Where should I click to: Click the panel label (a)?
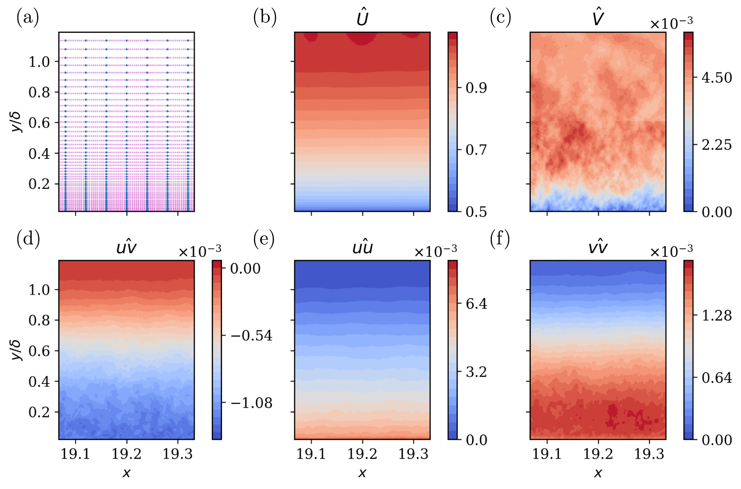click(28, 18)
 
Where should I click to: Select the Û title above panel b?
click(362, 18)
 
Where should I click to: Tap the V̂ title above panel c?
click(598, 18)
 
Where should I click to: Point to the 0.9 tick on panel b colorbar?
click(476, 88)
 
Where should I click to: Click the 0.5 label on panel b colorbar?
click(476, 212)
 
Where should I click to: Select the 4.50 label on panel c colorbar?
click(717, 78)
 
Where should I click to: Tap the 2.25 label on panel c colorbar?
click(717, 145)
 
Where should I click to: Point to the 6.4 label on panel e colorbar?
click(476, 304)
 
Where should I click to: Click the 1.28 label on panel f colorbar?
click(717, 316)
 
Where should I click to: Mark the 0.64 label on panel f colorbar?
click(717, 378)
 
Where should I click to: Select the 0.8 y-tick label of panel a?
click(39, 92)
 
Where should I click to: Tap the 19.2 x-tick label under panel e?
click(362, 454)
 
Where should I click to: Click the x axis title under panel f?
click(598, 473)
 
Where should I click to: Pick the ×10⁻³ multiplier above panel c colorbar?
click(671, 24)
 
